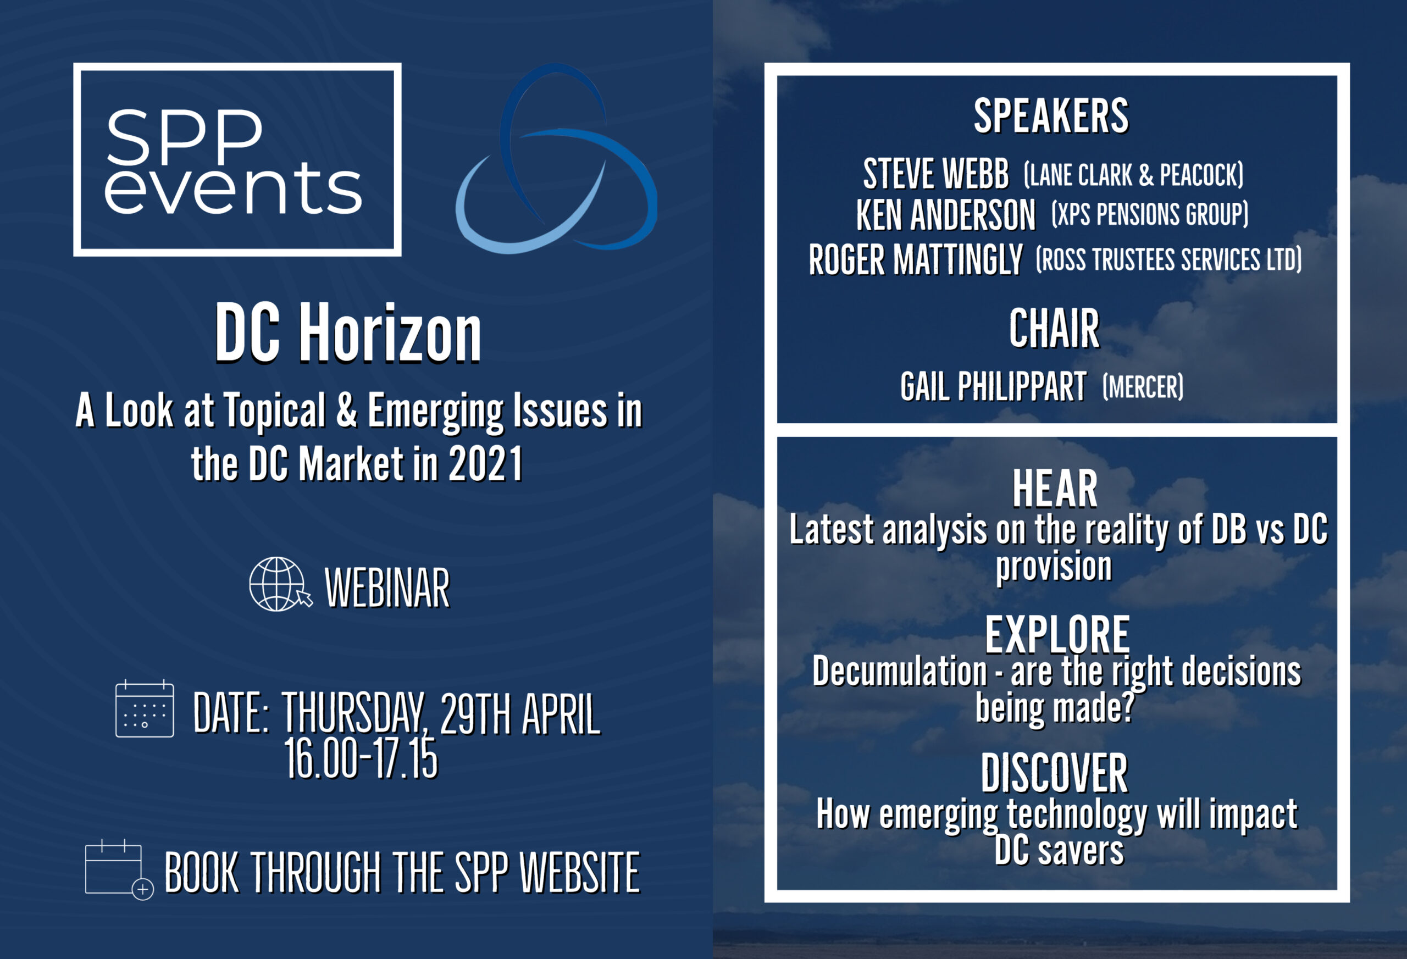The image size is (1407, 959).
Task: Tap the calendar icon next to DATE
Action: click(145, 708)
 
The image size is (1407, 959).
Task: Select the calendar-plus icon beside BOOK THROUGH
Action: click(119, 870)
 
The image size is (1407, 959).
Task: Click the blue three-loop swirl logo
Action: click(556, 159)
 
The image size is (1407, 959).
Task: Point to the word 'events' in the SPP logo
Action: click(234, 189)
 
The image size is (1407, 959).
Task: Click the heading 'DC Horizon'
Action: click(348, 334)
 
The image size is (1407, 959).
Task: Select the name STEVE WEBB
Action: click(935, 174)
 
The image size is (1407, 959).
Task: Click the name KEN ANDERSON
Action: click(946, 215)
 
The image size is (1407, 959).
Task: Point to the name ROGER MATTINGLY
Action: click(916, 260)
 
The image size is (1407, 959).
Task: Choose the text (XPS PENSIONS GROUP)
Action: click(1150, 214)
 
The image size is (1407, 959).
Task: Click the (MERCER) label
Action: click(1143, 387)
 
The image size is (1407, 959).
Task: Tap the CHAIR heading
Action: click(1054, 329)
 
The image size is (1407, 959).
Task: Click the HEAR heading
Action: click(1055, 489)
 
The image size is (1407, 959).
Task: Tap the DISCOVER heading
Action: click(1054, 773)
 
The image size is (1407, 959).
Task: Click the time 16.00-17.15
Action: click(361, 758)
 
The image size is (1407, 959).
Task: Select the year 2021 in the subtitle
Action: click(485, 464)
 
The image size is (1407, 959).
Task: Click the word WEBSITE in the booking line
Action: click(580, 872)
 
